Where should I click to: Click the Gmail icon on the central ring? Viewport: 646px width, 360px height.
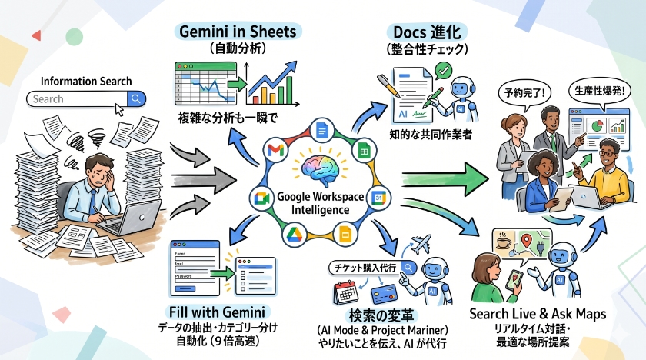tap(275, 150)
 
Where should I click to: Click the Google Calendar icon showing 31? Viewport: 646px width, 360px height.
tap(377, 198)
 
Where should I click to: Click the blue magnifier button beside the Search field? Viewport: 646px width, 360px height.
tap(136, 98)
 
